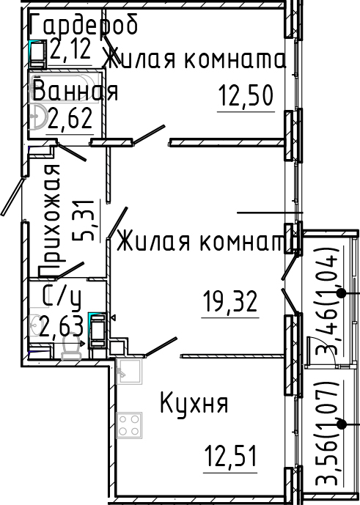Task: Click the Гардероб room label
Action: [84, 26]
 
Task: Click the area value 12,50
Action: [246, 95]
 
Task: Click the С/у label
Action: [62, 298]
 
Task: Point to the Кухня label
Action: [194, 403]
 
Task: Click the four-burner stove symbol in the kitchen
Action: [130, 424]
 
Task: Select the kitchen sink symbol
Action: [129, 372]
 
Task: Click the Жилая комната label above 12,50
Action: [194, 59]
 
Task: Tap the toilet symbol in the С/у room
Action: [73, 350]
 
